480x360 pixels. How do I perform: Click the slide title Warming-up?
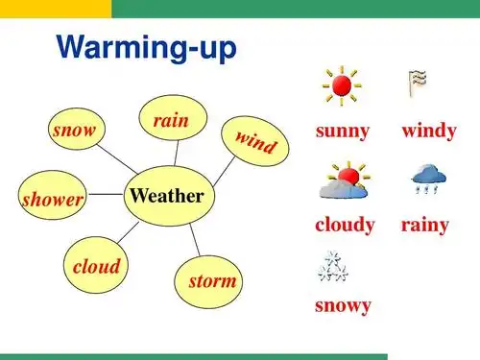tap(146, 48)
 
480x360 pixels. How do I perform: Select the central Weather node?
tap(166, 196)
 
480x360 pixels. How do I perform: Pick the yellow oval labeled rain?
tap(171, 120)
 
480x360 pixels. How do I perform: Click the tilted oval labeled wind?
tap(255, 142)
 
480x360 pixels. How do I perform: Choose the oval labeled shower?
tap(53, 199)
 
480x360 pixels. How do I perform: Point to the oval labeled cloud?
tap(96, 266)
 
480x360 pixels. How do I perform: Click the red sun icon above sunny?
tap(341, 86)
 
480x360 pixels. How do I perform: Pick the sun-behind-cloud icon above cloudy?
tap(343, 180)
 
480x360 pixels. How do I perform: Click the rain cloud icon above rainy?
tap(426, 180)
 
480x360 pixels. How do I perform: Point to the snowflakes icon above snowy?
tap(333, 268)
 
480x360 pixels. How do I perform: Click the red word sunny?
tap(343, 132)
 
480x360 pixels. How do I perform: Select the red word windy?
tap(428, 132)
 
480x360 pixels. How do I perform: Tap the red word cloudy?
tap(345, 226)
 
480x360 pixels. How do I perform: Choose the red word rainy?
tap(425, 226)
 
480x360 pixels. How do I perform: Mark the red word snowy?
tap(343, 306)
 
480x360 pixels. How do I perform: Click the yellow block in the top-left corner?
tap(55, 8)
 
